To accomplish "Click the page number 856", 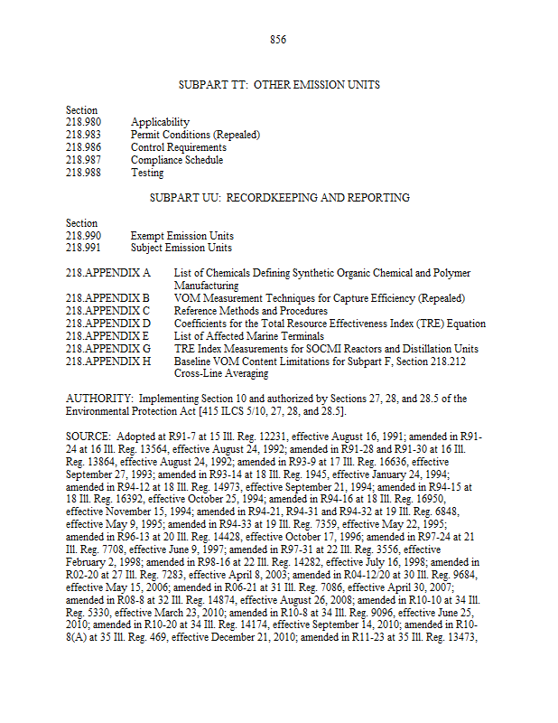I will pyautogui.click(x=278, y=40).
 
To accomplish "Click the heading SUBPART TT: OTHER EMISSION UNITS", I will pyautogui.click(x=279, y=85).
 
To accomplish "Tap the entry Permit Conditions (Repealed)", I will pyautogui.click(x=195, y=135).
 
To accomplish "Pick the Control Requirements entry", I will pyautogui.click(x=179, y=147).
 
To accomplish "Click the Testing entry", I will pyautogui.click(x=147, y=173).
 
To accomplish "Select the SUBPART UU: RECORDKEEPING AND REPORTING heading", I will pyautogui.click(x=279, y=197).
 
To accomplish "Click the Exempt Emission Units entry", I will pyautogui.click(x=181, y=235).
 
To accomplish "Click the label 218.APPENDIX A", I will pyautogui.click(x=108, y=273).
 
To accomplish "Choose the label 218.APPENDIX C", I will pyautogui.click(x=108, y=311).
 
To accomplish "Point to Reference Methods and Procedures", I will pyautogui.click(x=238, y=311).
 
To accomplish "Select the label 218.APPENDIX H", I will pyautogui.click(x=108, y=361).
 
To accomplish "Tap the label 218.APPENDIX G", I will pyautogui.click(x=108, y=349).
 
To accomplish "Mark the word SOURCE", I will pyautogui.click(x=87, y=436).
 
